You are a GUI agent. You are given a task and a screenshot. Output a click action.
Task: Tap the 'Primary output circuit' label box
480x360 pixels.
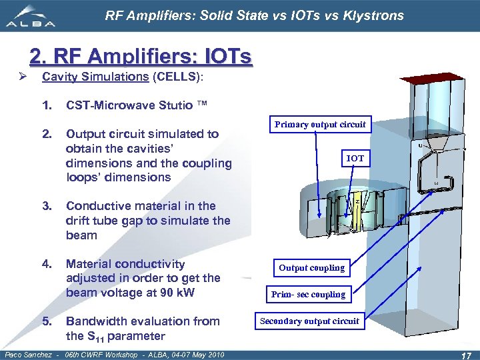(320, 125)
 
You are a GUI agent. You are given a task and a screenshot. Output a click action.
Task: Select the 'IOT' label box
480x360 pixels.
(355, 158)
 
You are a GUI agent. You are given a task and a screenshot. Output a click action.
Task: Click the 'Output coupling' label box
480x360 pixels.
(311, 268)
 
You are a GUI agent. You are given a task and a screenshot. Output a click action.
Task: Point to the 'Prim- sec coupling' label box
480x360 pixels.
(308, 295)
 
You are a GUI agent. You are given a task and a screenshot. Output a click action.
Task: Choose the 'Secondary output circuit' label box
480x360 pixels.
(309, 321)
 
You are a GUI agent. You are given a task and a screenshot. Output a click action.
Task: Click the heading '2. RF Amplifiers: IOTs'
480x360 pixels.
(141, 58)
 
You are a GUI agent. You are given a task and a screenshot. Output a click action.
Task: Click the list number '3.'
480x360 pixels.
(47, 206)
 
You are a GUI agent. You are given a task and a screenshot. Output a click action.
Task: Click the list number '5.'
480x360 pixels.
(47, 321)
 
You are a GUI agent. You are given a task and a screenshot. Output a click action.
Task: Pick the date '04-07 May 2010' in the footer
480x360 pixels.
(193, 354)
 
